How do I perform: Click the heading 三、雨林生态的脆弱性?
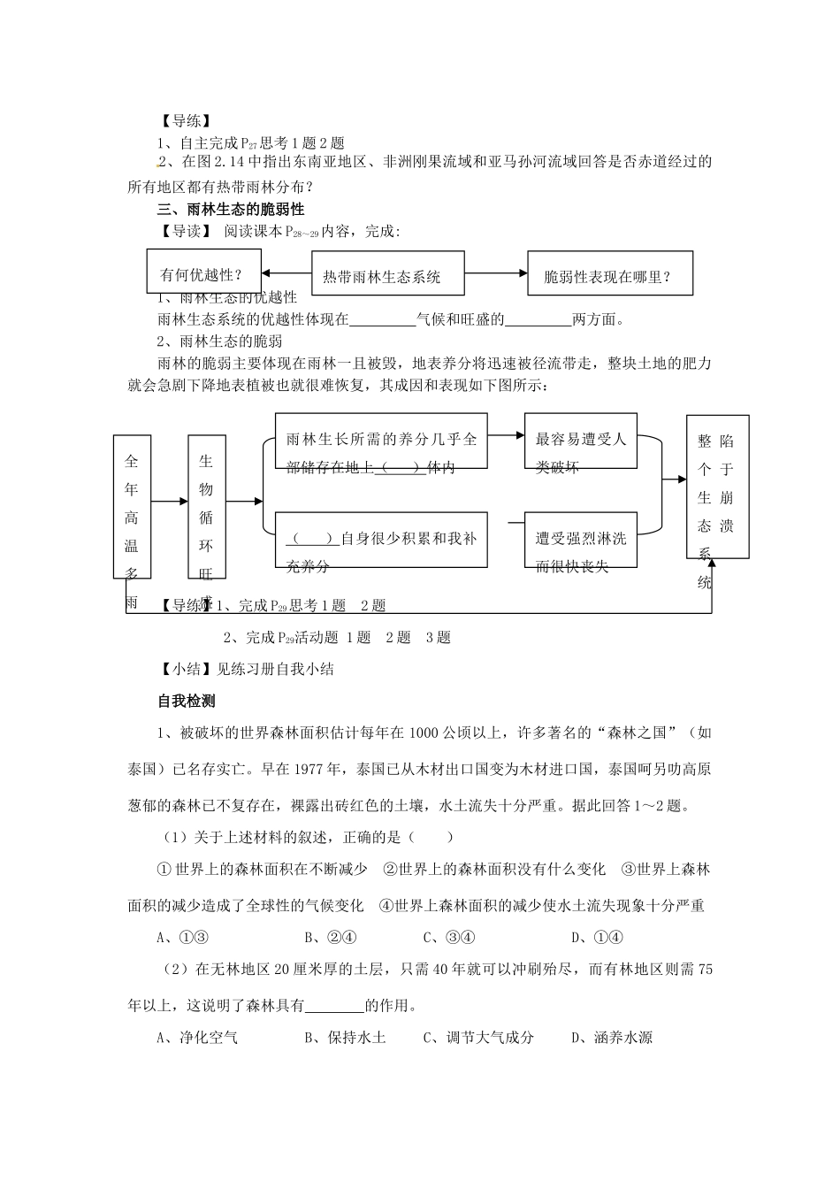click(230, 210)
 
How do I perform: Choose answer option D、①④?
click(597, 938)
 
